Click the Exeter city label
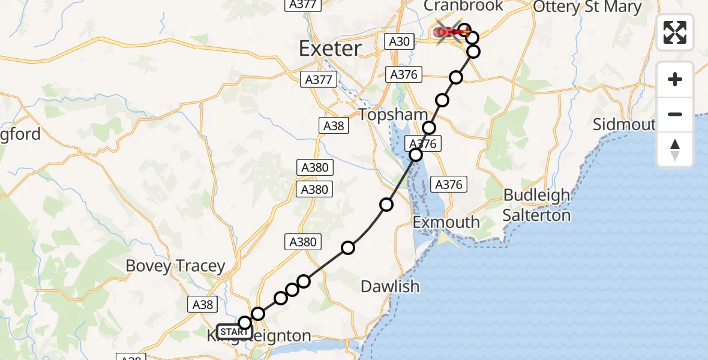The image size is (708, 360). (x=330, y=49)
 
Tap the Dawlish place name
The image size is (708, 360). (x=390, y=287)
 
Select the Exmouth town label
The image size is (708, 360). (x=446, y=223)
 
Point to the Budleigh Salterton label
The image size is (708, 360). (x=536, y=205)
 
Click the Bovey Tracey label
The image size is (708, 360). (x=175, y=266)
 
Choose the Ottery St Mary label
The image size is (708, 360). (x=587, y=7)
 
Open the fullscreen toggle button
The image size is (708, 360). (x=675, y=32)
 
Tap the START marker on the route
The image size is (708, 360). (x=233, y=331)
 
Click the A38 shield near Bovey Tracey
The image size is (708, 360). (x=203, y=304)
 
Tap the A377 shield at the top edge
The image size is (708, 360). (x=302, y=4)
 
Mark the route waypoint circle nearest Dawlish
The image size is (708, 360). (x=348, y=248)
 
